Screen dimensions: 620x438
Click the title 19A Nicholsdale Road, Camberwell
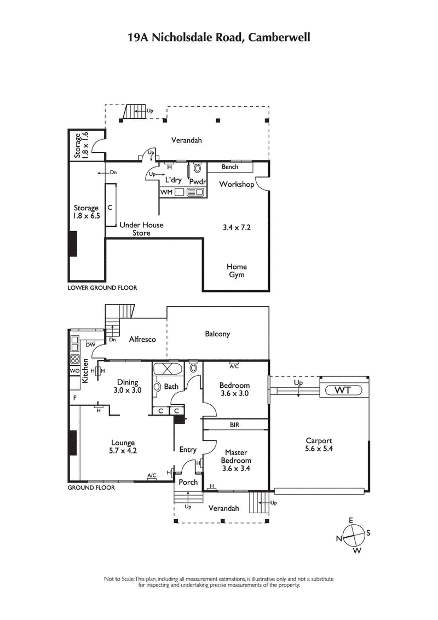click(219, 37)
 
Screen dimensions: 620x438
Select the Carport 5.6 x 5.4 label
click(319, 444)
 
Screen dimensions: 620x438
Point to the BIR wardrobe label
click(235, 424)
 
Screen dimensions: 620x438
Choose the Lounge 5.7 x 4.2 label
click(123, 446)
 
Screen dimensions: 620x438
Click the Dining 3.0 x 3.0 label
click(127, 386)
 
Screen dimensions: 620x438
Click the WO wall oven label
click(74, 371)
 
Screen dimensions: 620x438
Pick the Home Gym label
click(237, 271)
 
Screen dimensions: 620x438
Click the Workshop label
click(237, 185)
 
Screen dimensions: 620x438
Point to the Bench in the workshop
click(230, 167)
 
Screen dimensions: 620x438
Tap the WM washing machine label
click(166, 192)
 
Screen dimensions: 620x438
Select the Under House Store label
click(141, 229)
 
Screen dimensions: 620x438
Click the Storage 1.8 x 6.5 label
click(87, 212)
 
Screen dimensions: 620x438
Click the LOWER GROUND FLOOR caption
click(102, 288)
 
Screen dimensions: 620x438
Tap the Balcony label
click(217, 334)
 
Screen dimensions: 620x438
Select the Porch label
click(188, 482)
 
